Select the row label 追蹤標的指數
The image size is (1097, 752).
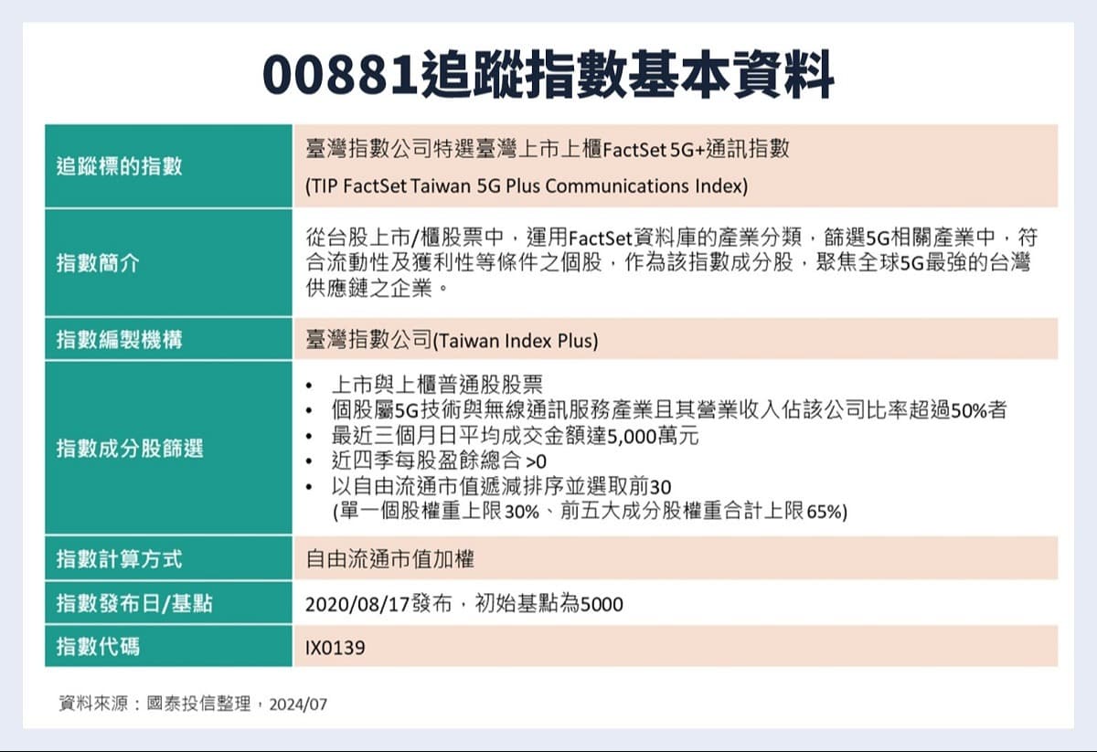tap(120, 166)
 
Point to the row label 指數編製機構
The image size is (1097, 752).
tap(120, 340)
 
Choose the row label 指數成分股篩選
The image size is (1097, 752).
tap(130, 448)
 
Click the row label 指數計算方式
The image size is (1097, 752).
tap(120, 557)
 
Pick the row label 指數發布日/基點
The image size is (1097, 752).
tap(135, 603)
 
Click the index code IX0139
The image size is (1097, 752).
tap(335, 648)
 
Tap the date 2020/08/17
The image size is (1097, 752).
tap(350, 604)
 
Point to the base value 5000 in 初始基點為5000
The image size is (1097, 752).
tap(602, 604)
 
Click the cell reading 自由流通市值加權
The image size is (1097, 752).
tap(389, 558)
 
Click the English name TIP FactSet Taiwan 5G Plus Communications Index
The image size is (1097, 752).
tap(527, 186)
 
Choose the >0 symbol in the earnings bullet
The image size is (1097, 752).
tap(537, 462)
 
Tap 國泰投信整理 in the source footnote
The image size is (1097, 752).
tap(198, 704)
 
